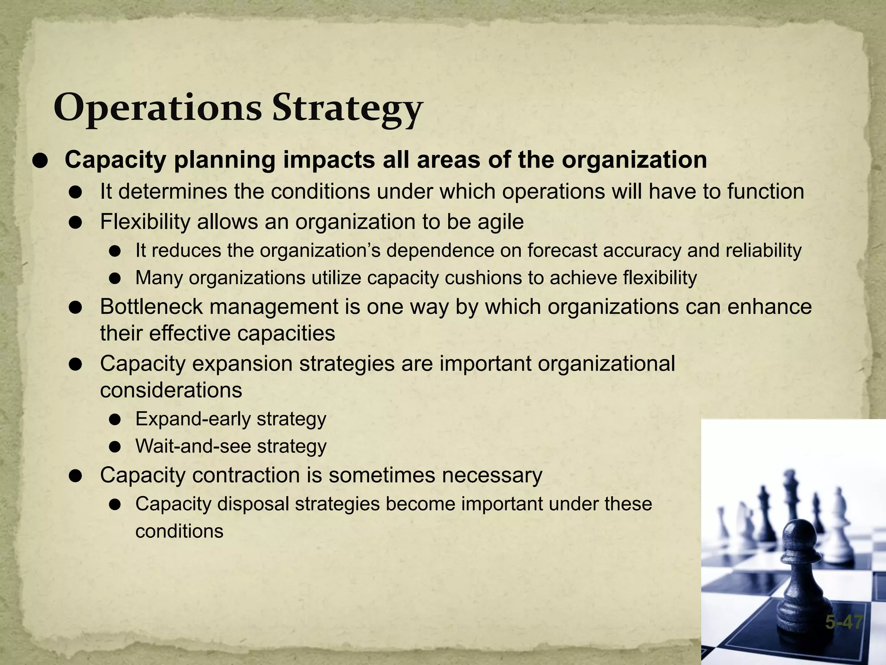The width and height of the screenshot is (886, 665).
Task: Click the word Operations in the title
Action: (157, 108)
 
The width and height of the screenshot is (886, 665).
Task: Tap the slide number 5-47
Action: (844, 623)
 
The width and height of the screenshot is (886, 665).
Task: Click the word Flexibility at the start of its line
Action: (145, 222)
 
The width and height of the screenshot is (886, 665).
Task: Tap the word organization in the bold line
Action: (634, 160)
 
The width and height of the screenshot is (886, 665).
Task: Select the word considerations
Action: (171, 391)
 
